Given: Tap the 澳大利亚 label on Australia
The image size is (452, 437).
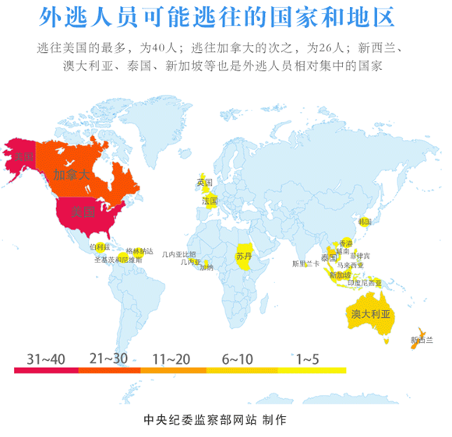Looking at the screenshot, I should [370, 314].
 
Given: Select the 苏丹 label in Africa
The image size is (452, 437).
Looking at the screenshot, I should [244, 257].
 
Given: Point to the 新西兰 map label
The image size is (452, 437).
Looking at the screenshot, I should [421, 340].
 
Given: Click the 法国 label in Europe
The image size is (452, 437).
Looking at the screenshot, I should [210, 201].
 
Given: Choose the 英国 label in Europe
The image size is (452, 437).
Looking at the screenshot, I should [204, 182].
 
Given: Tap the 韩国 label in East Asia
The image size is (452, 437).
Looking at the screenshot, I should [364, 222].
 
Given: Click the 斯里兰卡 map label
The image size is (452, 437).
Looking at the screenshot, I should [305, 264].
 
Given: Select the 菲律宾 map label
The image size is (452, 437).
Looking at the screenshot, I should [360, 255].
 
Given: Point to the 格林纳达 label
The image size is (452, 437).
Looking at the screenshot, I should [139, 251].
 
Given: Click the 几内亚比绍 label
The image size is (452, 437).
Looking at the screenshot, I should [179, 254].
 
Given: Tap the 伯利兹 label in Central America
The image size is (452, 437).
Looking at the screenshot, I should [101, 246].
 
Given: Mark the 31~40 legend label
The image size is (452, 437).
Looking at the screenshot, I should [46, 359].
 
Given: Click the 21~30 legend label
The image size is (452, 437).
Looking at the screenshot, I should [110, 359].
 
